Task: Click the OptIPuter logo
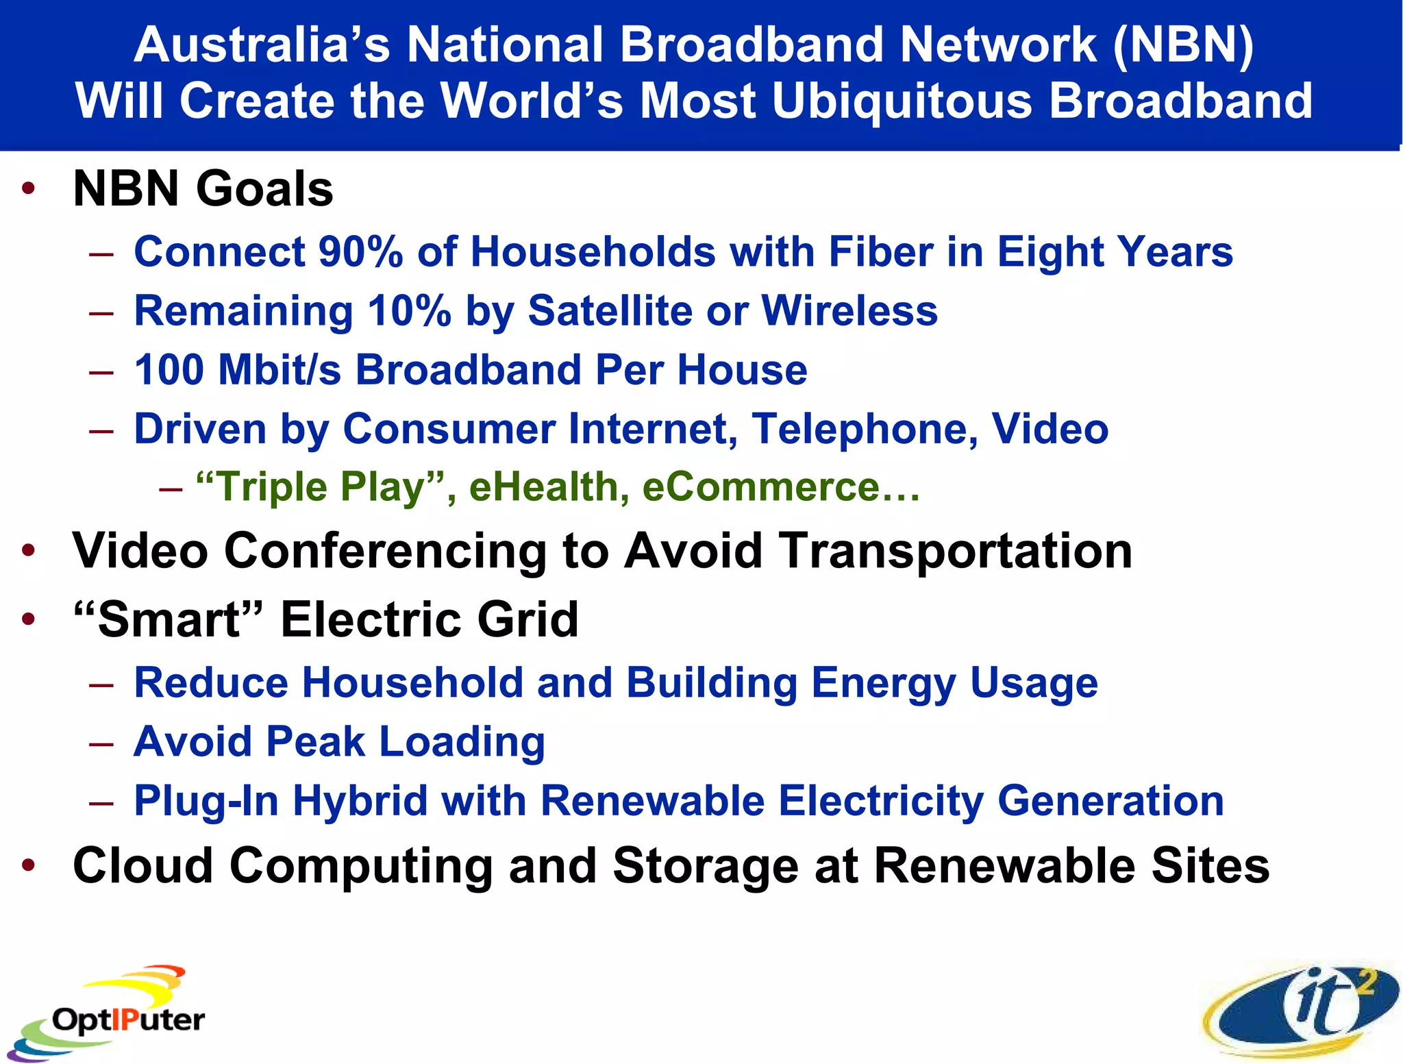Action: coord(110,1014)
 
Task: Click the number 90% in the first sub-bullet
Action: coord(360,251)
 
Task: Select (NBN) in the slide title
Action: coord(1184,45)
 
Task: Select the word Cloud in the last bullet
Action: coord(142,865)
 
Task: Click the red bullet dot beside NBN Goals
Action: coord(28,188)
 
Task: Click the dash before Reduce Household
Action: coord(101,684)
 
